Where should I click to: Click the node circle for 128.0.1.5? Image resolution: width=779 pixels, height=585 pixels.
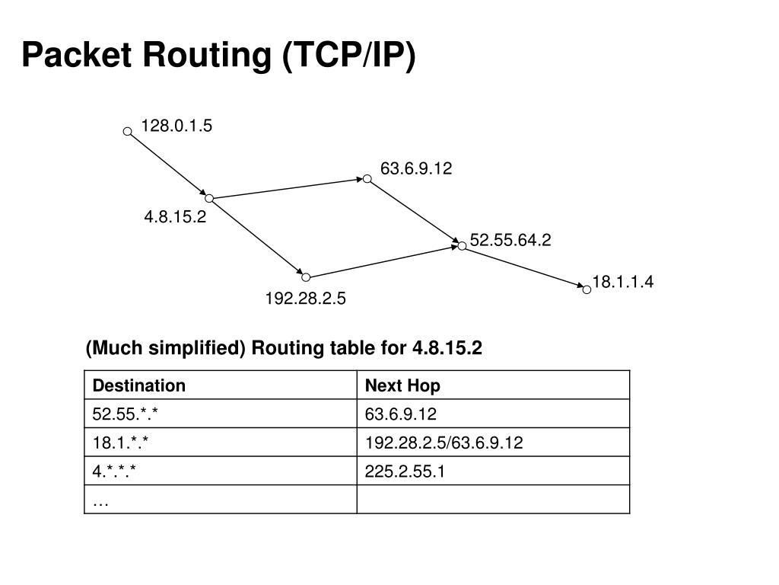pyautogui.click(x=128, y=131)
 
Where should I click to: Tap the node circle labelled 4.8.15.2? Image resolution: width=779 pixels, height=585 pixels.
pyautogui.click(x=209, y=198)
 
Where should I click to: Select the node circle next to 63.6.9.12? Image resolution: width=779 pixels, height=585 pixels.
pyautogui.click(x=367, y=179)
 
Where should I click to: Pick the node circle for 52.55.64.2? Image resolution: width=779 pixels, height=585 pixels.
pyautogui.click(x=462, y=246)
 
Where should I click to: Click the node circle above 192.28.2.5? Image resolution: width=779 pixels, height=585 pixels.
pyautogui.click(x=306, y=277)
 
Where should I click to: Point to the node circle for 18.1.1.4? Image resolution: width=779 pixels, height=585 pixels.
pyautogui.click(x=587, y=289)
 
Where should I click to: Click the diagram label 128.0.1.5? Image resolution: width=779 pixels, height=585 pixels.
pyautogui.click(x=176, y=126)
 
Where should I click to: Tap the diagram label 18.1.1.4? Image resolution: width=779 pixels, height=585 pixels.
pyautogui.click(x=623, y=283)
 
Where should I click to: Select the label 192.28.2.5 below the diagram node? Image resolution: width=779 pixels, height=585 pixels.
pyautogui.click(x=305, y=299)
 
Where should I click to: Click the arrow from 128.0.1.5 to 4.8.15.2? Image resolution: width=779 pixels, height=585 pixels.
pyautogui.click(x=168, y=165)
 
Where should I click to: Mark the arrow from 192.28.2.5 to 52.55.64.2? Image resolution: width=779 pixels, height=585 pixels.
pyautogui.click(x=383, y=262)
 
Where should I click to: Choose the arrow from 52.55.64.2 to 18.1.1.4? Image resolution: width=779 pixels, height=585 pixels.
pyautogui.click(x=524, y=267)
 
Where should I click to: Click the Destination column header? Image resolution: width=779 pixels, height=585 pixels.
pyautogui.click(x=139, y=385)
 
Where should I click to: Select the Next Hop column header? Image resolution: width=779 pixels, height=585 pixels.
pyautogui.click(x=402, y=385)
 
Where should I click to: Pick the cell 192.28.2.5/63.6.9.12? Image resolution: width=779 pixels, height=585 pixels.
pyautogui.click(x=444, y=443)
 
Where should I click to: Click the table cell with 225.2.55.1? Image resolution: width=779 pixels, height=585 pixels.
pyautogui.click(x=405, y=472)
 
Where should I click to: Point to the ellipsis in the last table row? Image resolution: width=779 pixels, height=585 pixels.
pyautogui.click(x=100, y=500)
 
